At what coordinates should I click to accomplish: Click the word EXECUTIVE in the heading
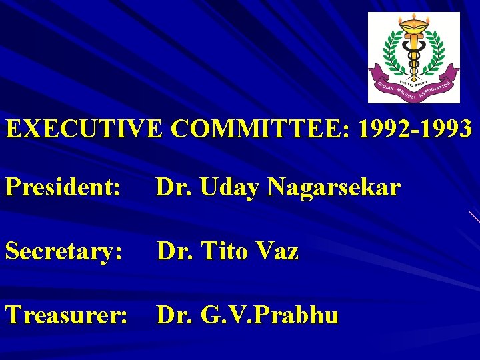[83, 129]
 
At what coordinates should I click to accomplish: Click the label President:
[63, 188]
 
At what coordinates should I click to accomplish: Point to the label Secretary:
[64, 251]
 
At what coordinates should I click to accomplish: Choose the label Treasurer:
[67, 315]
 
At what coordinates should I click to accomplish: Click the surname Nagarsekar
[333, 188]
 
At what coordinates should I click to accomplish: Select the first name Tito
[225, 251]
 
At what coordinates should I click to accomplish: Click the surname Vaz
[277, 251]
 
